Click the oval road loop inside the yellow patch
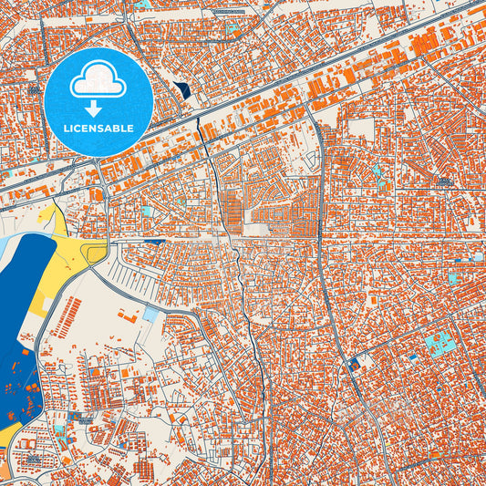(95, 253)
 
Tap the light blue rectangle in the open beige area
(150, 315)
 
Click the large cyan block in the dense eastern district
(441, 346)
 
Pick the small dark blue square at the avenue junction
(354, 363)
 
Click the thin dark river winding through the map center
(244, 301)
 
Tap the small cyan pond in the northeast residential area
(376, 171)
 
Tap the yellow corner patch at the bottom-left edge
(5, 438)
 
